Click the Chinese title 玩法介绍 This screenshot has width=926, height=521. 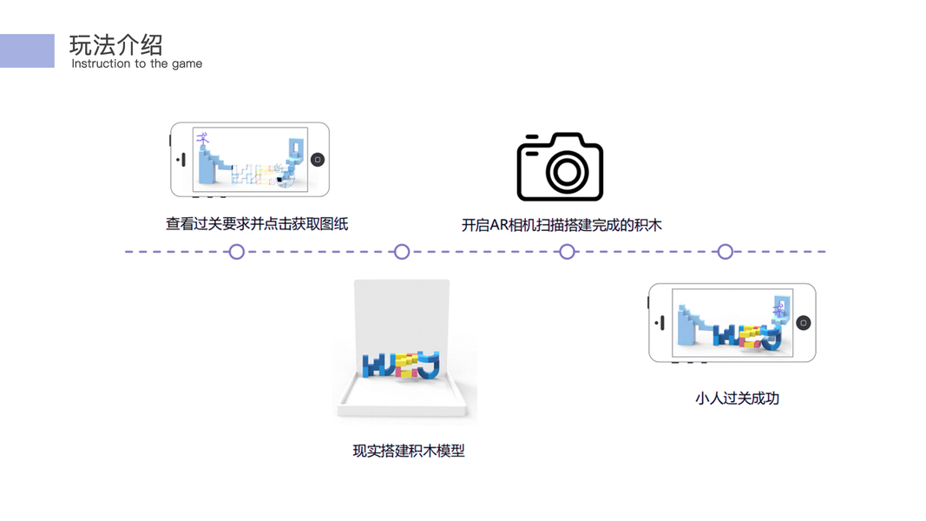point(116,44)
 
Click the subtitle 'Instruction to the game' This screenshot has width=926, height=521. point(137,63)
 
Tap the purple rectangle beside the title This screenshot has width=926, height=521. point(27,50)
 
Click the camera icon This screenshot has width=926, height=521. point(560,167)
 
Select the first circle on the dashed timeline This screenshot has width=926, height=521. point(236,252)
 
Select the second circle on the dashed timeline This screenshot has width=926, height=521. point(401,252)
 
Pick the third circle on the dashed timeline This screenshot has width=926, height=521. point(567,252)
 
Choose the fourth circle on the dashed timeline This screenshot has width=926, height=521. point(725,252)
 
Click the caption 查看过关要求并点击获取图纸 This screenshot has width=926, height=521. point(257,224)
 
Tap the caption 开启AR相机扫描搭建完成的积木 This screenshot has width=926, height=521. point(562,225)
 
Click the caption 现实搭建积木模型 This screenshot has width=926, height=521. point(409,451)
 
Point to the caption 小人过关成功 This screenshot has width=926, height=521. point(737,398)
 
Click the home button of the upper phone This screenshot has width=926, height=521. point(317,160)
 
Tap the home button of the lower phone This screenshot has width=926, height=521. point(803,323)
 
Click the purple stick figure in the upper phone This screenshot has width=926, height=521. point(203,138)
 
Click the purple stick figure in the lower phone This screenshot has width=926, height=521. point(779,306)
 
